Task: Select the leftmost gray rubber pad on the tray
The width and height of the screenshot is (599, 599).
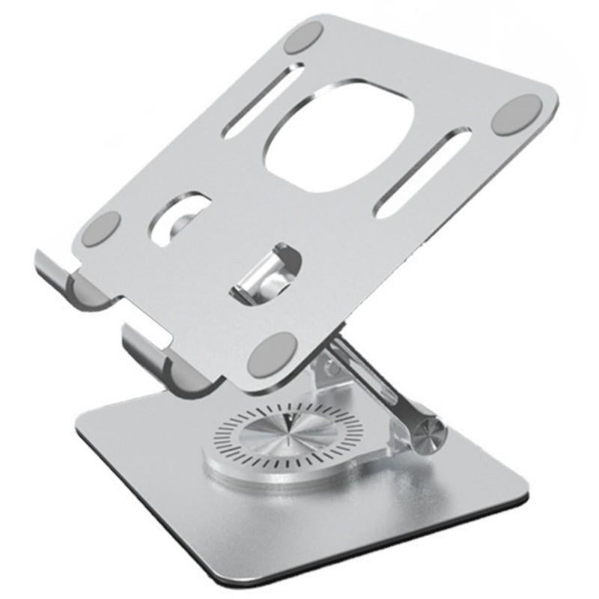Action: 104,225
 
